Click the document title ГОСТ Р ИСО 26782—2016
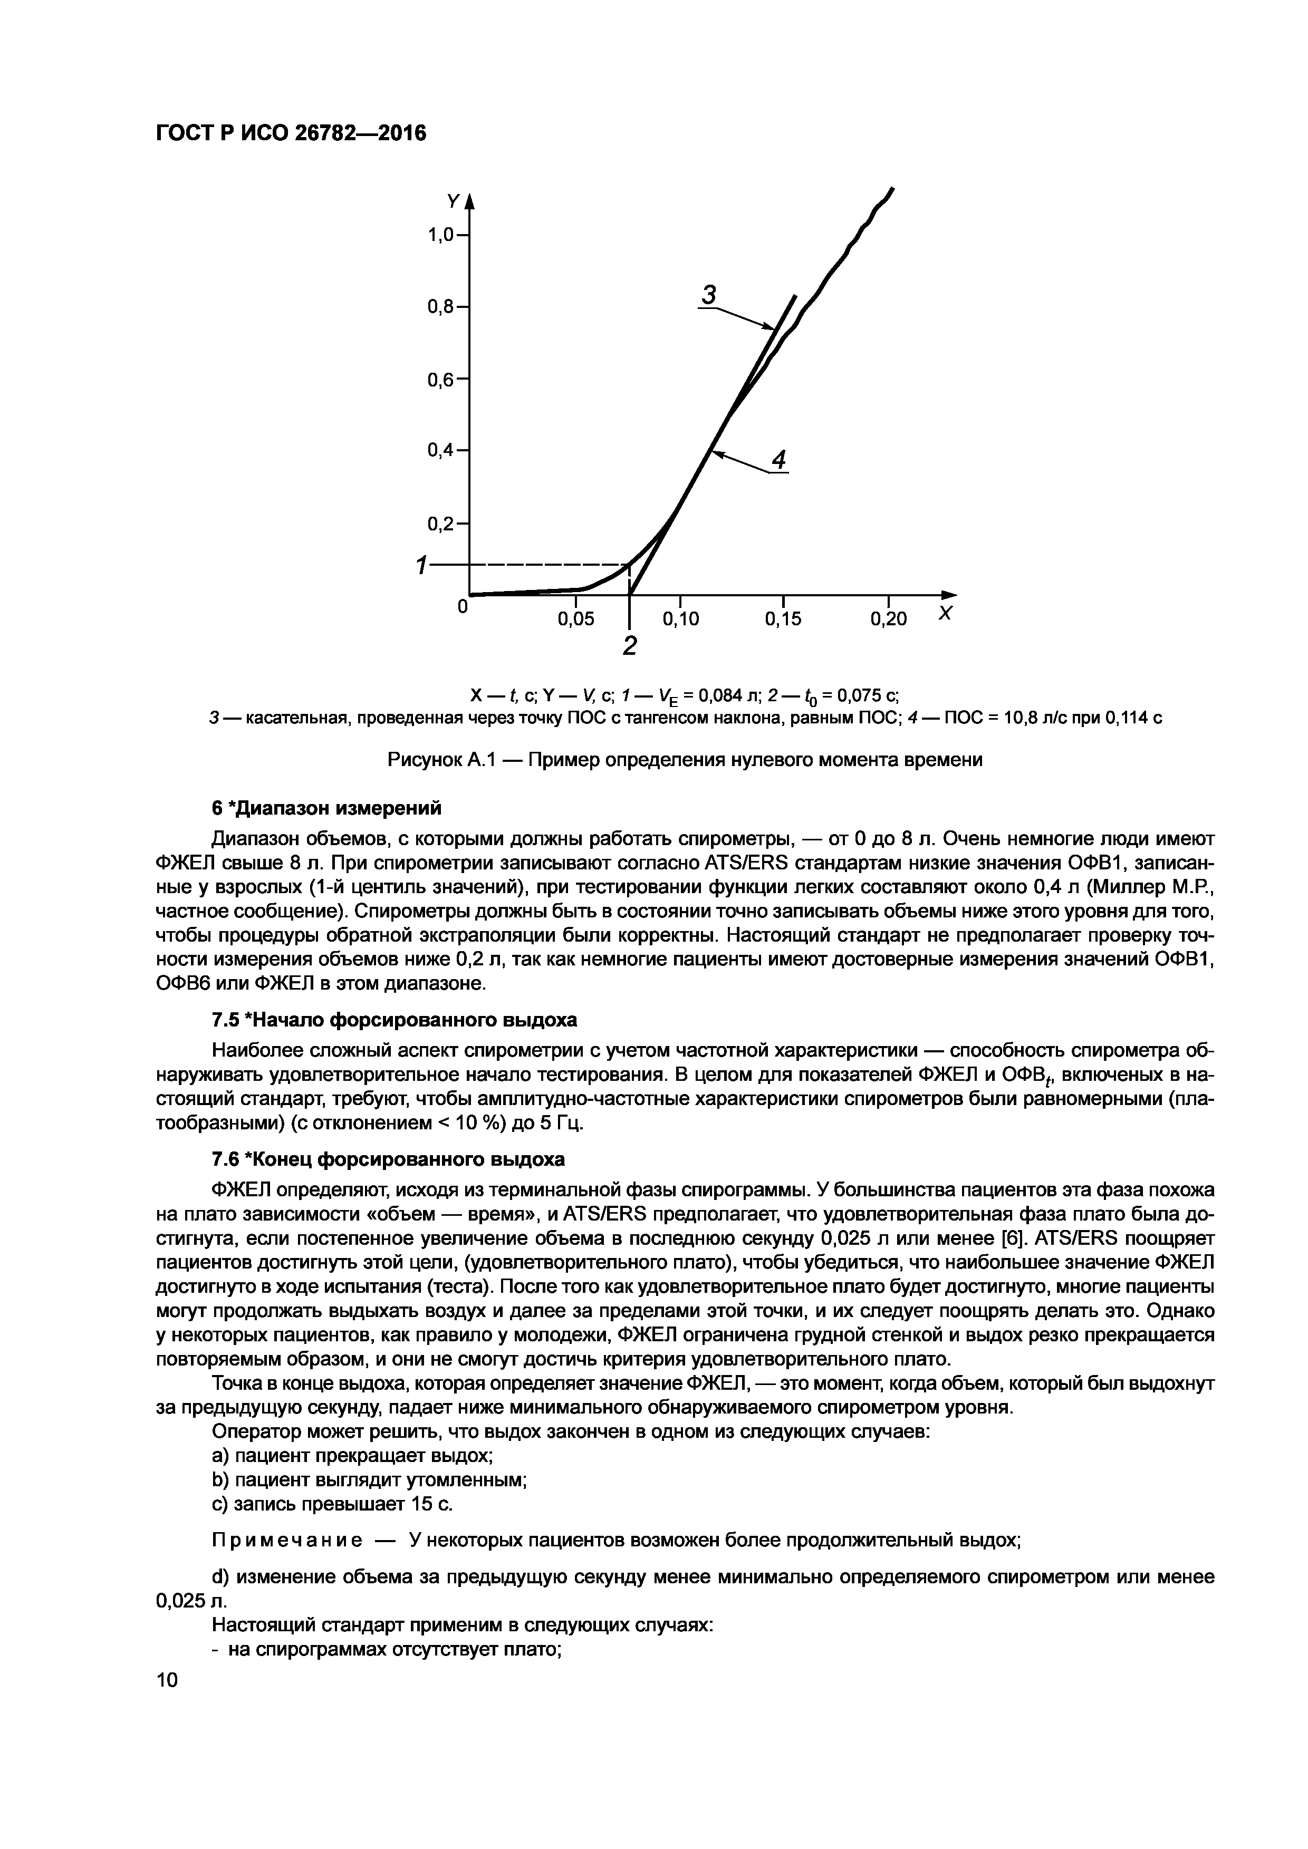tap(291, 133)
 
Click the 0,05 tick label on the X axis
tap(576, 618)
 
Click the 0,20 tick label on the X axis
tap(888, 618)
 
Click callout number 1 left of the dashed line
tap(420, 566)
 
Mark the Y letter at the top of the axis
tap(454, 200)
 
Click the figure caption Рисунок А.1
tap(686, 759)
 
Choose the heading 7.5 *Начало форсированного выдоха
tap(394, 1020)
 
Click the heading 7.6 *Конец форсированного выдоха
tap(388, 1159)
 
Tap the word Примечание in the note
tap(285, 1541)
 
